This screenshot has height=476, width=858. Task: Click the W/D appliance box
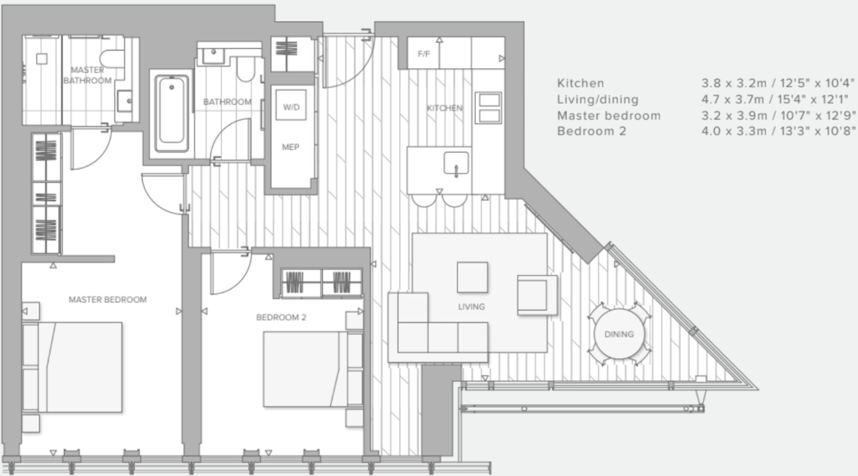click(291, 107)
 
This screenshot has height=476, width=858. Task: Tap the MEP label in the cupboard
click(290, 147)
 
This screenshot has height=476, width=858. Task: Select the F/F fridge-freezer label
click(424, 54)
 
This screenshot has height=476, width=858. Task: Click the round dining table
click(619, 334)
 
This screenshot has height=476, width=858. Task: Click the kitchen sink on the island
click(456, 163)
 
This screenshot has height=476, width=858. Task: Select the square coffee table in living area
click(472, 277)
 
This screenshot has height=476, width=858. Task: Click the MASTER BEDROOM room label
click(107, 299)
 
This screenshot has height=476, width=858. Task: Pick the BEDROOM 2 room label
click(281, 317)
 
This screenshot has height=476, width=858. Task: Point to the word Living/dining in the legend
click(598, 100)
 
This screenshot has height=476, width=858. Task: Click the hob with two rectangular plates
click(489, 108)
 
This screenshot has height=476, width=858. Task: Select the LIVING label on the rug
click(471, 306)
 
